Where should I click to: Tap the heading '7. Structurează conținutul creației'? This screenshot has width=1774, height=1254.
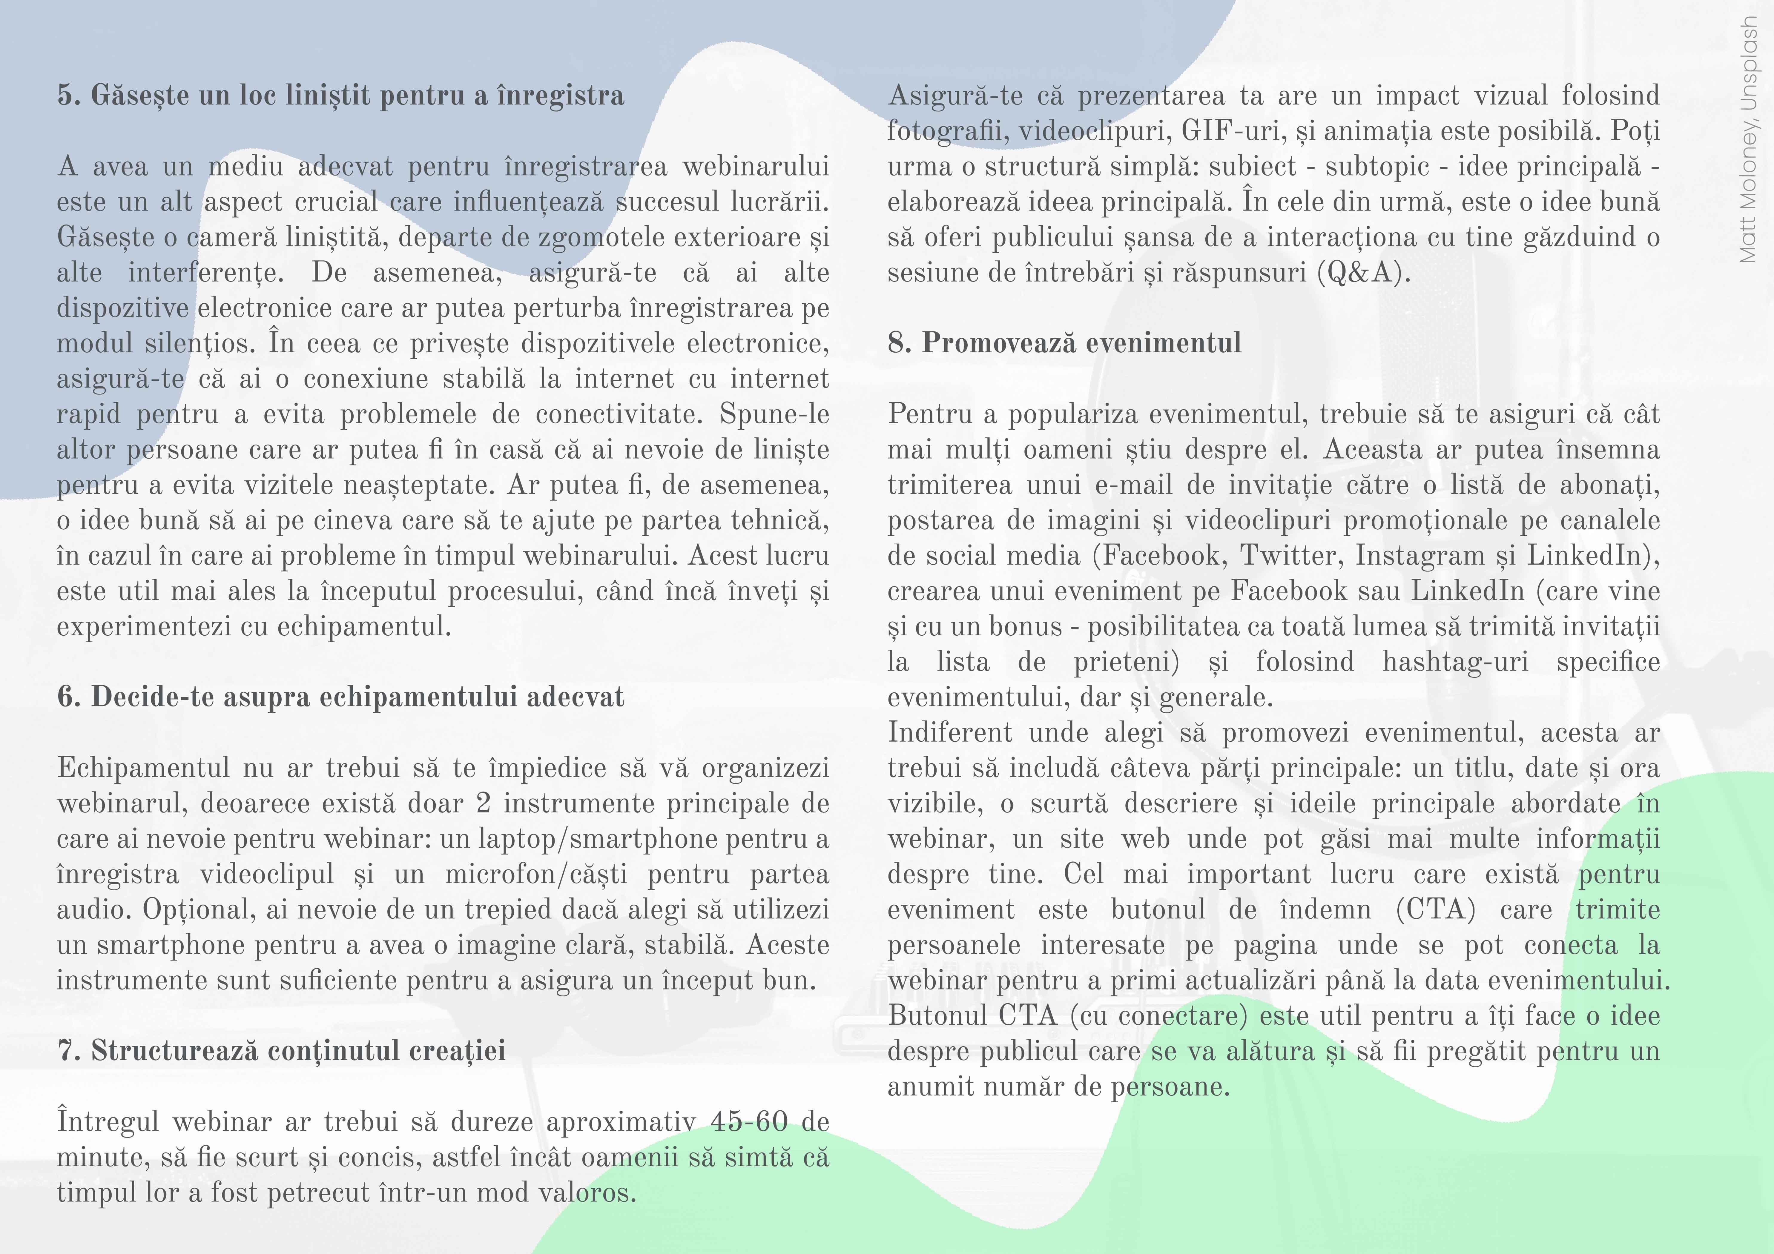coord(281,1051)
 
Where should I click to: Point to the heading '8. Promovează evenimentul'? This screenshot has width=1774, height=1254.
coord(1064,342)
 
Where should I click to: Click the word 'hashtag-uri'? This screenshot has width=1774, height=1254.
coord(1455,662)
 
